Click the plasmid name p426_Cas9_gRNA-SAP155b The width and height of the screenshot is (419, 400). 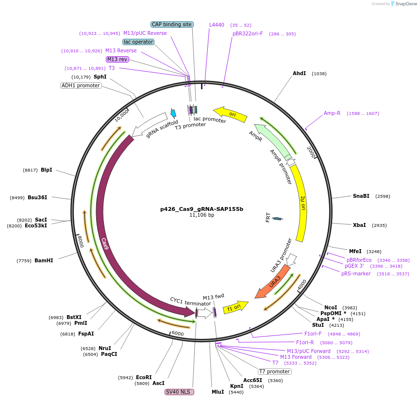201,209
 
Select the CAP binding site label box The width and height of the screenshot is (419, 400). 172,24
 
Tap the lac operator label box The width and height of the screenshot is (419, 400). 138,42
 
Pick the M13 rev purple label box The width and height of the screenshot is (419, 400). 117,59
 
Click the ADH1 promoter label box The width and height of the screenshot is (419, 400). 81,85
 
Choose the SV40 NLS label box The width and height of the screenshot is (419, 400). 180,392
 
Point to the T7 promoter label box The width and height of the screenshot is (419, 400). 274,371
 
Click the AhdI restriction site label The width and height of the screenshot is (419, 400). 299,74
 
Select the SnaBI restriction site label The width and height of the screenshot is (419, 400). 361,196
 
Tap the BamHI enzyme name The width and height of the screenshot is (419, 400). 44,260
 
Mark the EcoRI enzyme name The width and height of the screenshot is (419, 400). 144,377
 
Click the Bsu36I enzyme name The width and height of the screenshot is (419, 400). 37,197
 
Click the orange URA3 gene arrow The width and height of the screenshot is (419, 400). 273,282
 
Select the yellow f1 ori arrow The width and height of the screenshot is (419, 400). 235,307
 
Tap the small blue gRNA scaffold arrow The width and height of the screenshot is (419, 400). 173,113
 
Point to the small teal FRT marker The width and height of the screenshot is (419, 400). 277,219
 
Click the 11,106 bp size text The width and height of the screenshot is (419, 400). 201,215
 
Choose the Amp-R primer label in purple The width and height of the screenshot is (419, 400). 332,113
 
